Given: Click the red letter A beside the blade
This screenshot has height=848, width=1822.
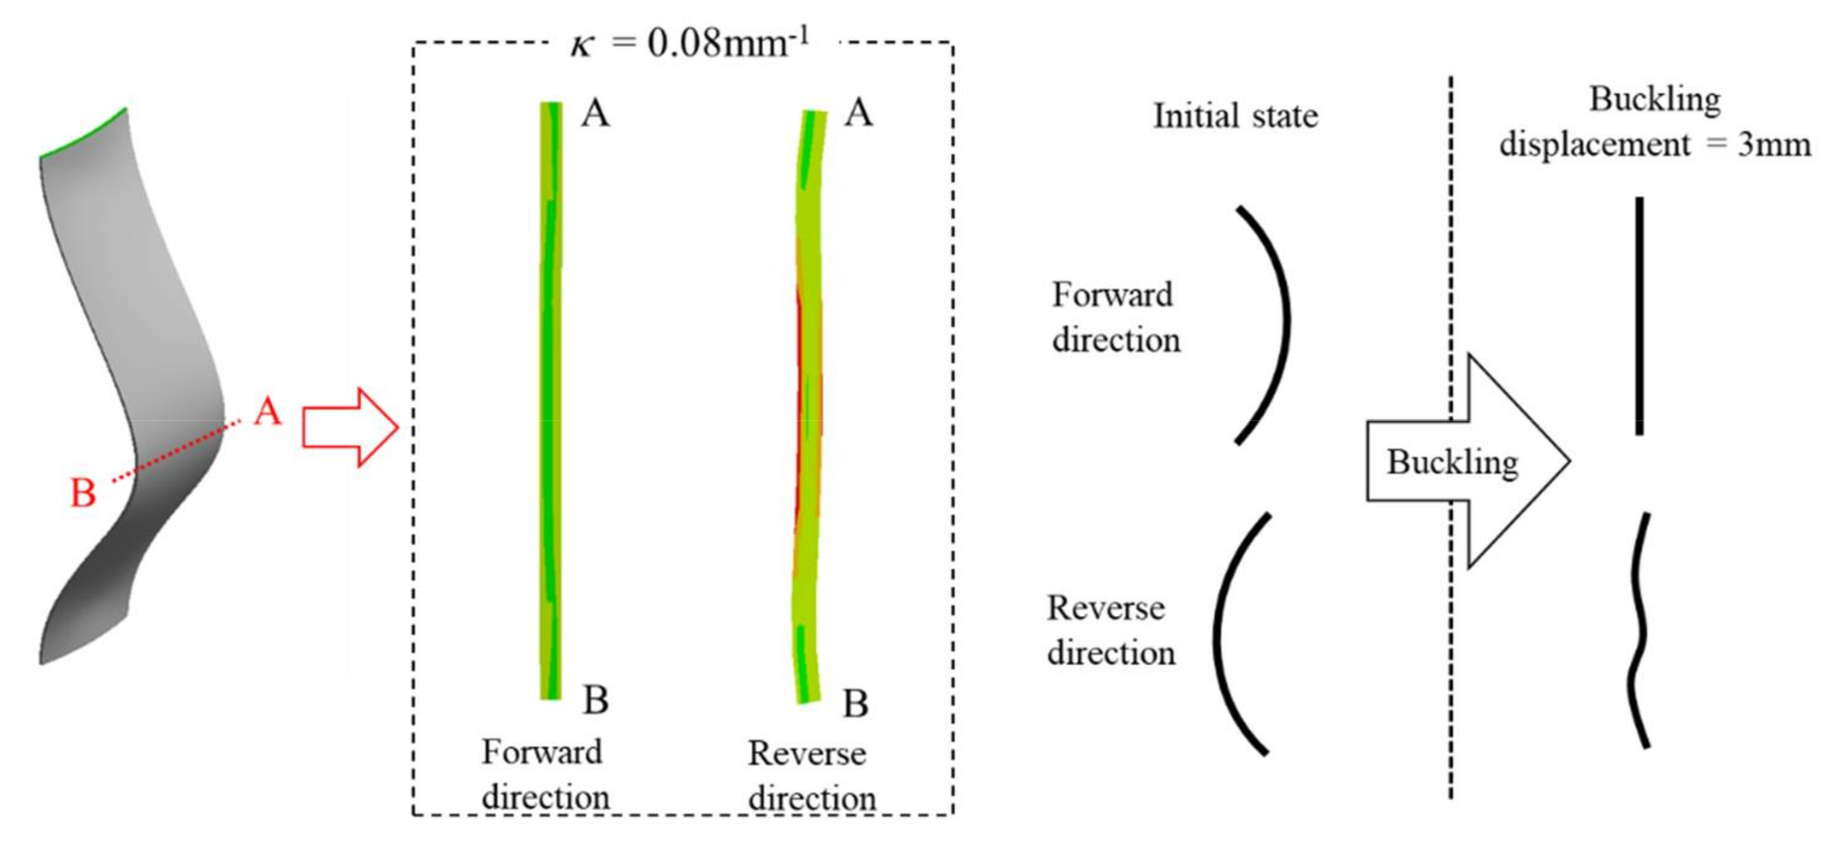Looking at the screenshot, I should click(268, 411).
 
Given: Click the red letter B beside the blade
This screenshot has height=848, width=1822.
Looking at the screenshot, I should click(83, 493).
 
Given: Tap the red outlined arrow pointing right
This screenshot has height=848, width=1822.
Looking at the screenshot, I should click(350, 427).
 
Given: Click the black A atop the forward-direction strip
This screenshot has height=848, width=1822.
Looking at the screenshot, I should click(595, 113).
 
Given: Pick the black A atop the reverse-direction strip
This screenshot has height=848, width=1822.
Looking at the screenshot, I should click(859, 113).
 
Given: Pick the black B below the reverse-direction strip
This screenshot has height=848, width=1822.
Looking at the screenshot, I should click(856, 703).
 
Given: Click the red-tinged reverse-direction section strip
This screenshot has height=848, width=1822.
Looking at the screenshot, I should click(809, 403).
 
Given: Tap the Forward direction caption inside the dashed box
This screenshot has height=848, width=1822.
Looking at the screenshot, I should click(544, 774).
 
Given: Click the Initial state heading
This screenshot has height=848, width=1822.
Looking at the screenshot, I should click(1236, 116).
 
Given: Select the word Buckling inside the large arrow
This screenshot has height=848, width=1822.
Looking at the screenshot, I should click(1452, 462).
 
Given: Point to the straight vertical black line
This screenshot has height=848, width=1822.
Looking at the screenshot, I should click(1640, 315).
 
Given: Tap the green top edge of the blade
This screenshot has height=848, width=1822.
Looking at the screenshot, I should click(83, 133).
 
